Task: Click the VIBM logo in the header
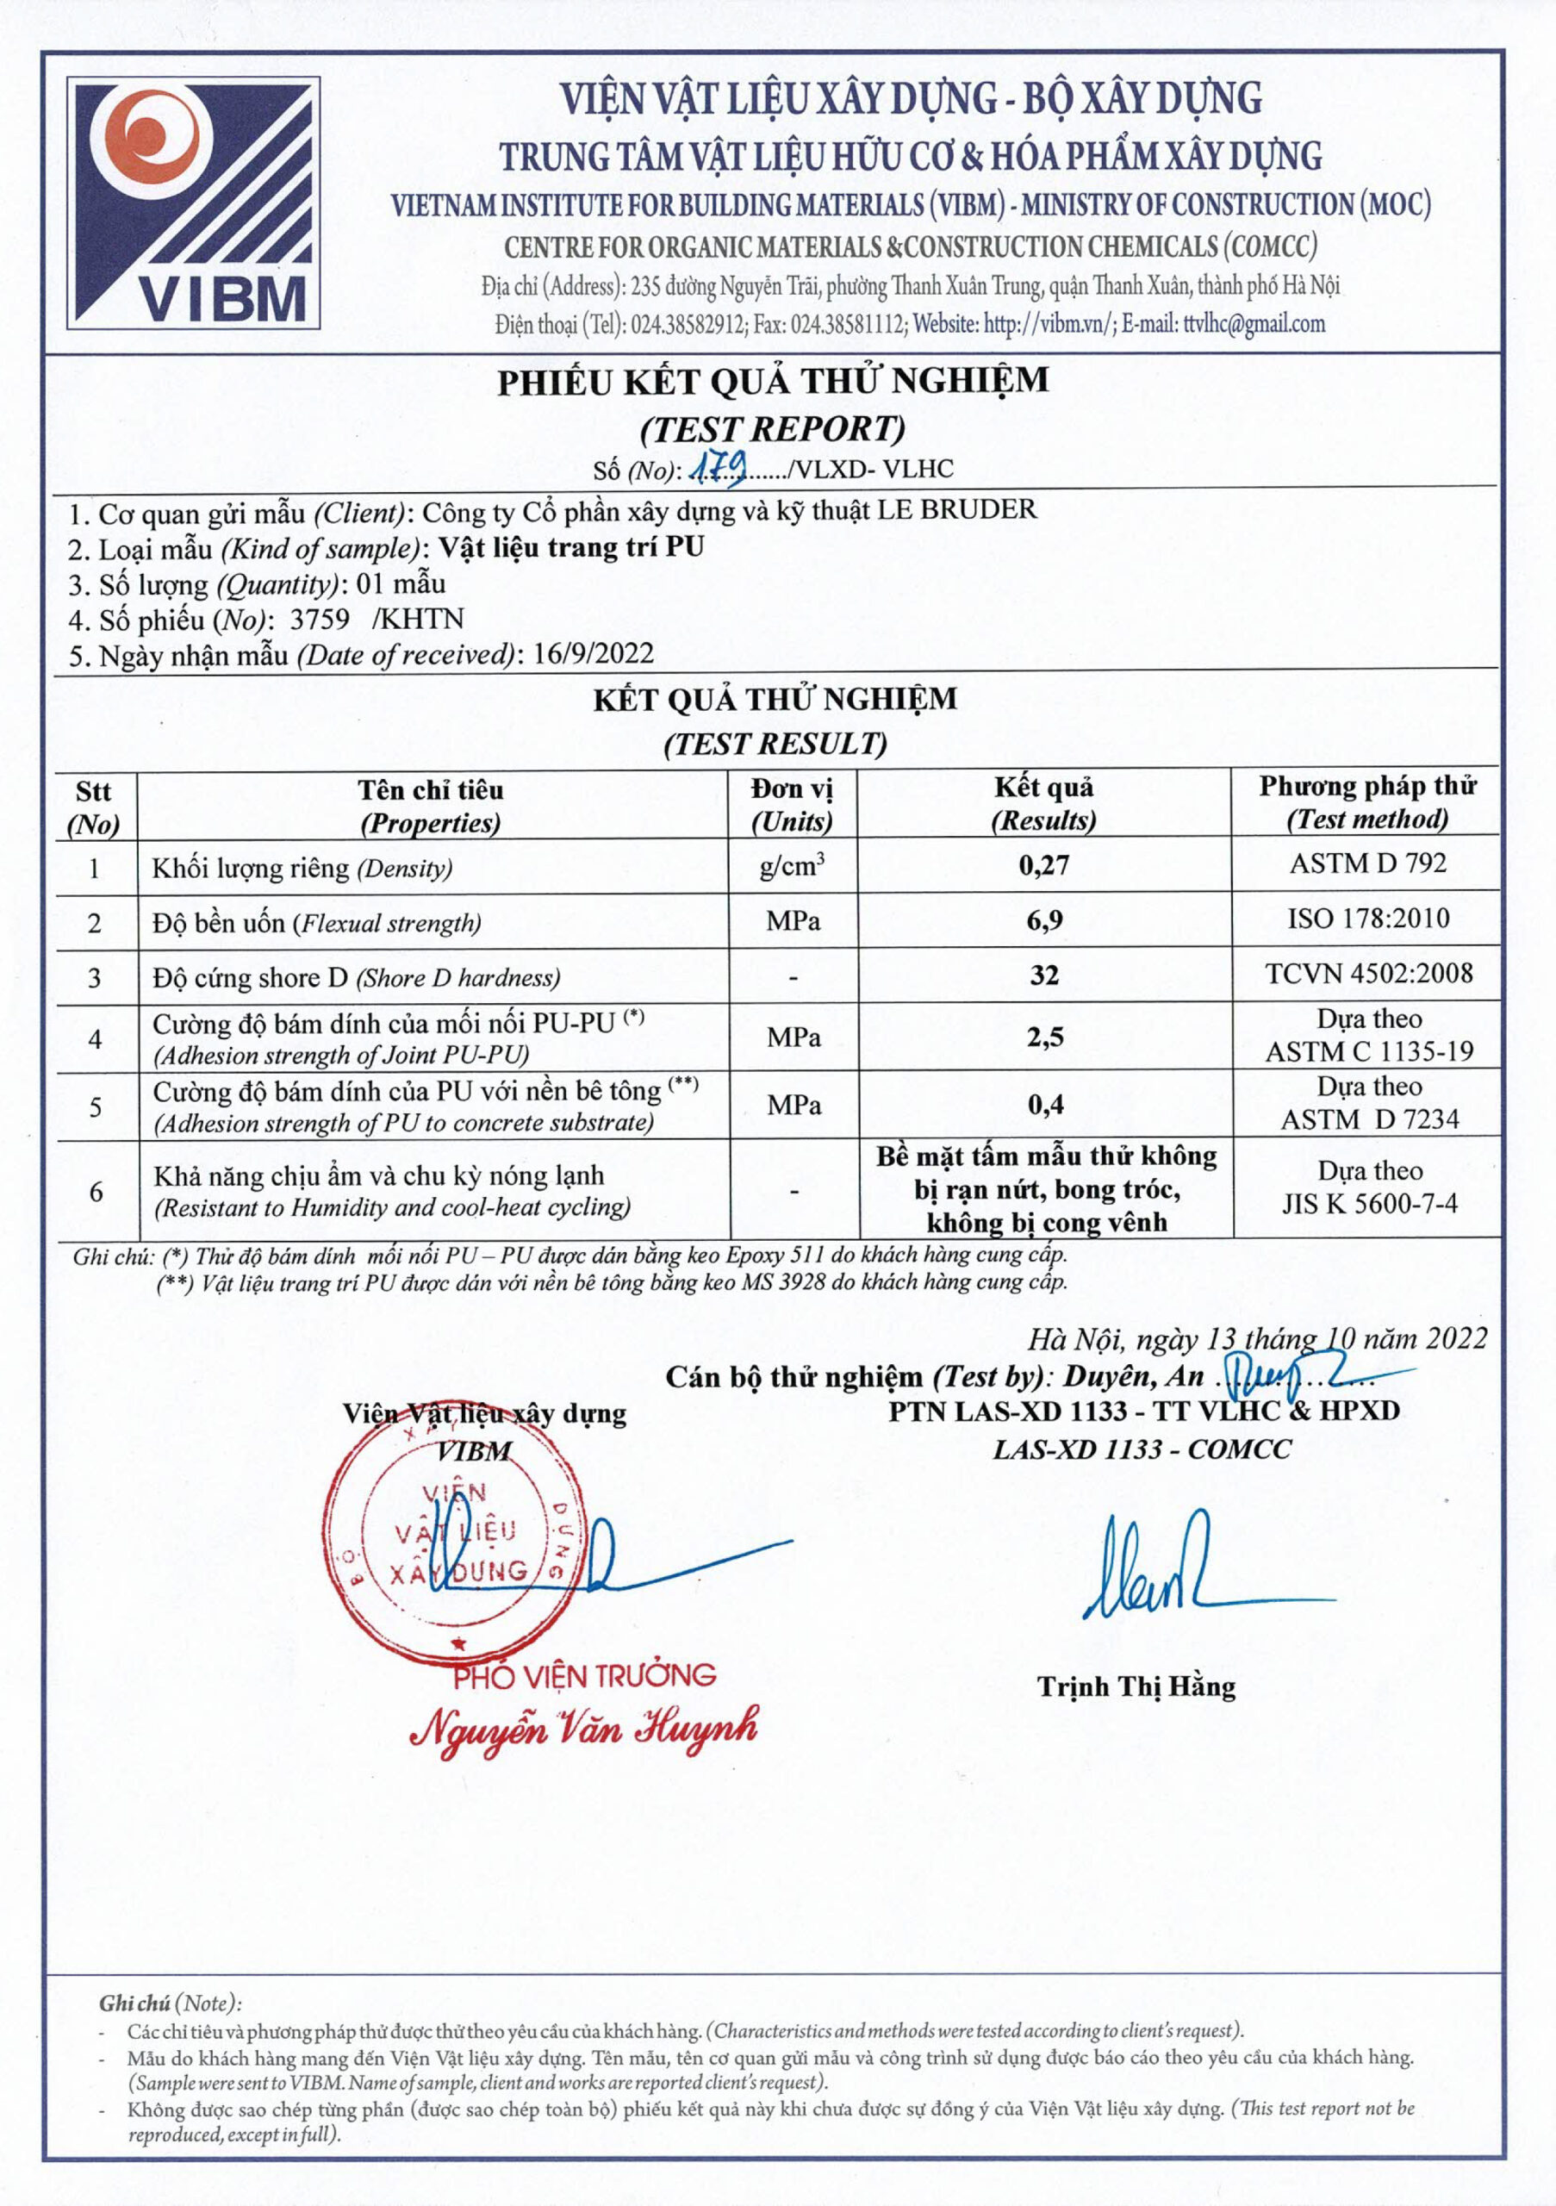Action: click(x=193, y=203)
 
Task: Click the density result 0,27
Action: click(x=1043, y=866)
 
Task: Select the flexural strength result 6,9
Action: click(x=1044, y=920)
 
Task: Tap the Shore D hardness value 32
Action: click(x=1044, y=975)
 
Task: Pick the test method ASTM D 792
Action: click(x=1366, y=863)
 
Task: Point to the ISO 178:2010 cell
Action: click(x=1367, y=919)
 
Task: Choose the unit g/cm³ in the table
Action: click(x=792, y=866)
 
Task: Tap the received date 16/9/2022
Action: click(x=594, y=654)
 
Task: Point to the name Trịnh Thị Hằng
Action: click(x=1136, y=1686)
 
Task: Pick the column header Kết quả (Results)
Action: click(x=1043, y=803)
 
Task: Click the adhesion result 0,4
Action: click(x=1045, y=1105)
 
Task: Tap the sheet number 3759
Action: click(x=319, y=619)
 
